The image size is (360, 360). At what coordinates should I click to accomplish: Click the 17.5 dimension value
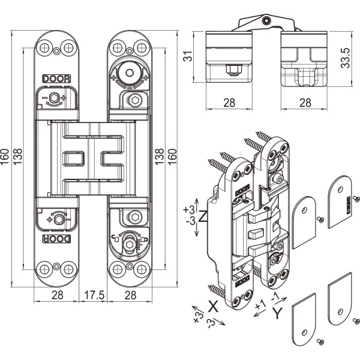(x=94, y=295)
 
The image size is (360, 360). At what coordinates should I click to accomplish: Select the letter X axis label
(x=212, y=305)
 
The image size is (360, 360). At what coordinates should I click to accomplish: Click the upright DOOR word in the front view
(x=56, y=79)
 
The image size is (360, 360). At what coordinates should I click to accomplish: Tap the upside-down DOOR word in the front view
(x=56, y=238)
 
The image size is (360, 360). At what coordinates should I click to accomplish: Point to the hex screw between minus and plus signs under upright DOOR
(x=56, y=98)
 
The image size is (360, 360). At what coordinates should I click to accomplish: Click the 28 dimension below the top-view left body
(x=229, y=102)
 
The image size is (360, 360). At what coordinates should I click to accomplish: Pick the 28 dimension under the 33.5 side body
(x=305, y=102)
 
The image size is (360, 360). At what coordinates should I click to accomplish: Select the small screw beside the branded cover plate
(x=356, y=198)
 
